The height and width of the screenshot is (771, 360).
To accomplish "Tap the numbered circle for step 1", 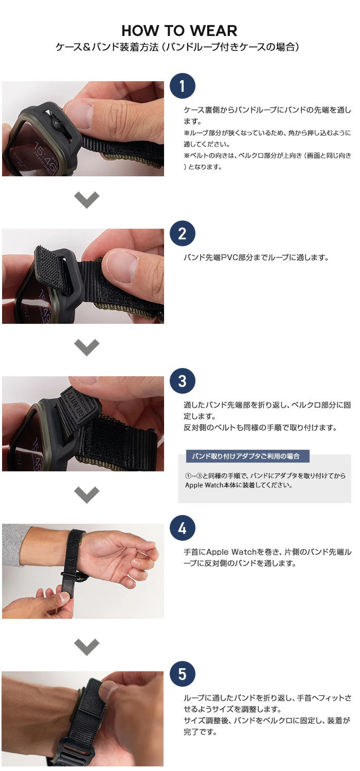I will click(x=183, y=86).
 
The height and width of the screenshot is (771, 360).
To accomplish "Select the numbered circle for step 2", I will click(x=183, y=233).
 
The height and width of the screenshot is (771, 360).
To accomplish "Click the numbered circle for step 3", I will click(x=183, y=381).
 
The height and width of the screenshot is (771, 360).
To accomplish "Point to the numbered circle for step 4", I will click(x=183, y=528).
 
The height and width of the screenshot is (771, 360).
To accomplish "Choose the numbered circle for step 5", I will click(x=183, y=674).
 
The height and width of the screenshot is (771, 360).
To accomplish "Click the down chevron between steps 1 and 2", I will click(x=86, y=199).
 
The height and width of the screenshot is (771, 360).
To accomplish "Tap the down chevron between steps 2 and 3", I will click(x=86, y=347).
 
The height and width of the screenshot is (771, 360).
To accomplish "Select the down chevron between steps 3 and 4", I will click(x=86, y=494).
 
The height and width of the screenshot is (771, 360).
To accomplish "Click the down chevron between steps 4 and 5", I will click(x=86, y=647).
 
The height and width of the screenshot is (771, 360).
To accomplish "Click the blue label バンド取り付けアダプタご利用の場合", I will click(x=247, y=456).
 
